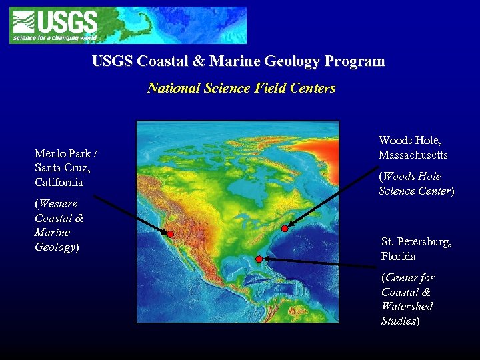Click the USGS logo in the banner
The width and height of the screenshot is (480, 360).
53,25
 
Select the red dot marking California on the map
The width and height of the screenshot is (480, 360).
171,234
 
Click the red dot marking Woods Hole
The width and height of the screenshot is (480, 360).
285,229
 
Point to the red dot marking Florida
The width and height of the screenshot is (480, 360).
259,259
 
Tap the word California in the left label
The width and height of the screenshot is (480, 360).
59,182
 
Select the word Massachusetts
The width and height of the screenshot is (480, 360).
413,155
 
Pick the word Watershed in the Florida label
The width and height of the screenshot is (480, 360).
407,307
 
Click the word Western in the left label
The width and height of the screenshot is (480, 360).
58,204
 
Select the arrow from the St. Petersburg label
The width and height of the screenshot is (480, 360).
320,263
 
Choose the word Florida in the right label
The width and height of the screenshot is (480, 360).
399,256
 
